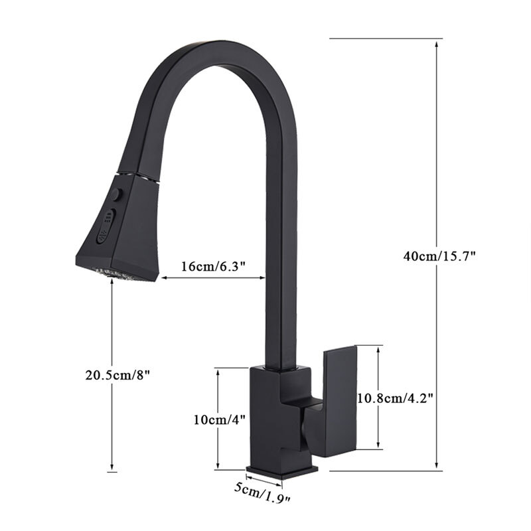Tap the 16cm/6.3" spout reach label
click(213, 266)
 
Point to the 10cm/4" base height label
click(220, 419)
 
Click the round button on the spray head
click(117, 194)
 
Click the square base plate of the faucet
click(282, 471)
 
